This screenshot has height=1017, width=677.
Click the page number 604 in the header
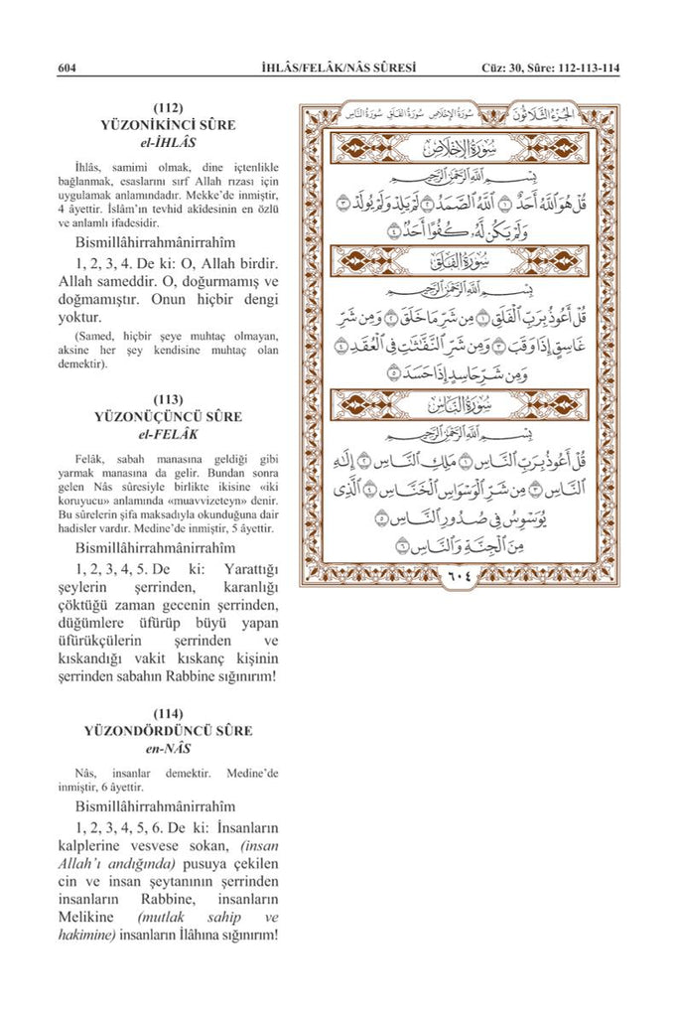68,68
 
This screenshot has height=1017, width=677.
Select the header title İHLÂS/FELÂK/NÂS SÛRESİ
334,68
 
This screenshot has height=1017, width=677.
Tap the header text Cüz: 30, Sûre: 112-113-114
549,68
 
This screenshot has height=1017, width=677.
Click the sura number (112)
168,107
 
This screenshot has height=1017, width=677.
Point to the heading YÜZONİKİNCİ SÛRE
168,125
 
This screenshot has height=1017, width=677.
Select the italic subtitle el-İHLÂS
168,142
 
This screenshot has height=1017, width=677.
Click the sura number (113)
168,399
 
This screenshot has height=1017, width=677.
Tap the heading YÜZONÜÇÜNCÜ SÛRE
168,417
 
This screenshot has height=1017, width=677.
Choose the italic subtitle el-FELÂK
168,434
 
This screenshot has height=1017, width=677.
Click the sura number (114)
168,713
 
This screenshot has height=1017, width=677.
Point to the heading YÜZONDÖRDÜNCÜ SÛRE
168,731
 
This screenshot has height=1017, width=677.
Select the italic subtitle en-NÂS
168,748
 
